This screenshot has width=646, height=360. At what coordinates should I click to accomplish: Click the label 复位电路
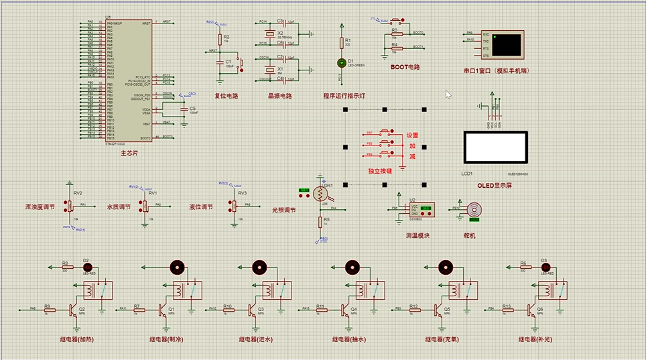coord(227,96)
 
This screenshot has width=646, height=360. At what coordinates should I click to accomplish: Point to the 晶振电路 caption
coord(280,96)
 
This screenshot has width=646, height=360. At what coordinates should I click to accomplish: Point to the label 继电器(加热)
coord(77,339)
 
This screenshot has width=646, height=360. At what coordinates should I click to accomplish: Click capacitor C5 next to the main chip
coord(184,113)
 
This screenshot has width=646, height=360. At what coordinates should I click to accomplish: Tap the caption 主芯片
coord(129,154)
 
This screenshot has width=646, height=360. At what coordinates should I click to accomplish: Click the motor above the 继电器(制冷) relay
coord(177,267)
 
